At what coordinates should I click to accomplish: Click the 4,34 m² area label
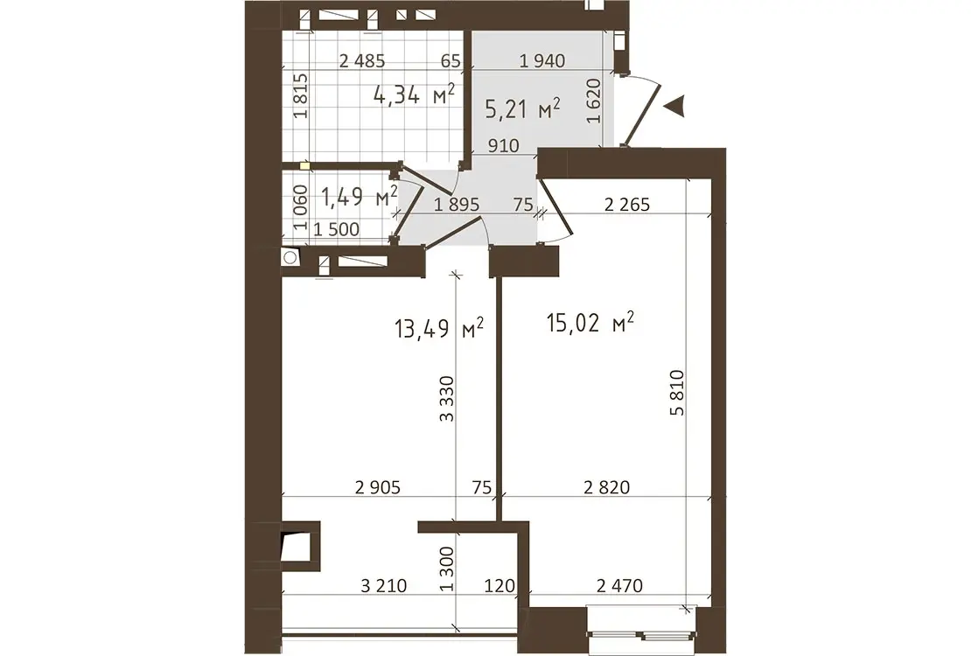tap(415, 94)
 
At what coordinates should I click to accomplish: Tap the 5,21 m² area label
tap(523, 109)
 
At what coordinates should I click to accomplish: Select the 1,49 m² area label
tap(359, 197)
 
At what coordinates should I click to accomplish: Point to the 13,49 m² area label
tap(438, 328)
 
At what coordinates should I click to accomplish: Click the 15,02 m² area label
tap(590, 322)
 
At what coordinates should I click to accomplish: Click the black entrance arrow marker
tap(674, 106)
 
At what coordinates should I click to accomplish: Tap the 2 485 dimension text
tap(362, 60)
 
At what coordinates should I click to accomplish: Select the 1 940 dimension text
tap(542, 60)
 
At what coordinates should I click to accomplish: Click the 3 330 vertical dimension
tap(446, 398)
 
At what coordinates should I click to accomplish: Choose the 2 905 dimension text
tap(378, 487)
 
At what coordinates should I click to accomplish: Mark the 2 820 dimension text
tap(607, 487)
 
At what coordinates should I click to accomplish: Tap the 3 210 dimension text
tap(384, 585)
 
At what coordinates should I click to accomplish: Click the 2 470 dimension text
tap(620, 585)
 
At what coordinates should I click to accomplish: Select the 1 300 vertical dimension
tap(446, 569)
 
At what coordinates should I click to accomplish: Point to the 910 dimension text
tap(504, 145)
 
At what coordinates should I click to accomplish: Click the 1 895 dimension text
tap(457, 205)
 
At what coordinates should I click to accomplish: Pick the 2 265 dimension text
tap(627, 205)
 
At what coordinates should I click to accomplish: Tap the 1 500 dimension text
tap(336, 229)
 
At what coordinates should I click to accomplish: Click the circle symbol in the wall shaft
tap(290, 257)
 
